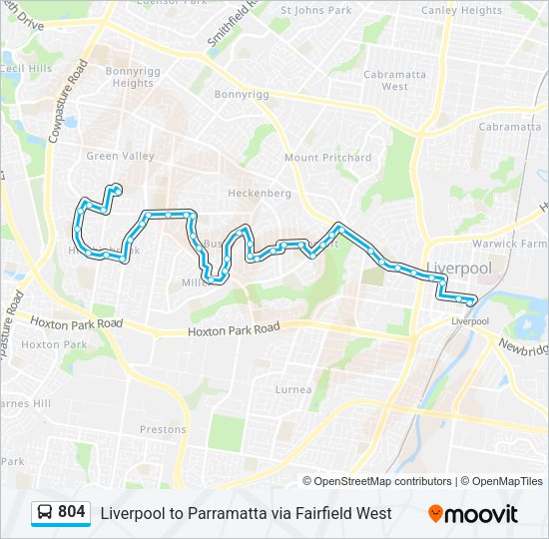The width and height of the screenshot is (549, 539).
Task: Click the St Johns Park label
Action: pos(316,10)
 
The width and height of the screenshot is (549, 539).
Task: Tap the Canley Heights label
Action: pos(461,10)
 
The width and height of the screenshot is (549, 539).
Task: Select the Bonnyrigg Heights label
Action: pos(133,78)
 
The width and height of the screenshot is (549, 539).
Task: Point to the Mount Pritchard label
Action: pos(327,158)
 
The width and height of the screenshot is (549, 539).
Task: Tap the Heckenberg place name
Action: pos(260,193)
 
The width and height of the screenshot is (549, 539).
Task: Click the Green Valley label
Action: pos(120,156)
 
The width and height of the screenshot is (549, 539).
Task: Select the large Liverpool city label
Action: pos(460,269)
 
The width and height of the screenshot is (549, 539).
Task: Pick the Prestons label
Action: pos(163,429)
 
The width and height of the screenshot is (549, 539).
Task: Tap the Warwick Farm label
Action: pos(509,243)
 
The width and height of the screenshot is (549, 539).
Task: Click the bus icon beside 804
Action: pos(46,512)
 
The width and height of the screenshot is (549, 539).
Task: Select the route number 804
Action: pos(72,512)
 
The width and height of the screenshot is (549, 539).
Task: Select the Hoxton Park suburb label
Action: pos(41,344)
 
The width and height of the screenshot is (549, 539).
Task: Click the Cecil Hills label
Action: pos(25,69)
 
